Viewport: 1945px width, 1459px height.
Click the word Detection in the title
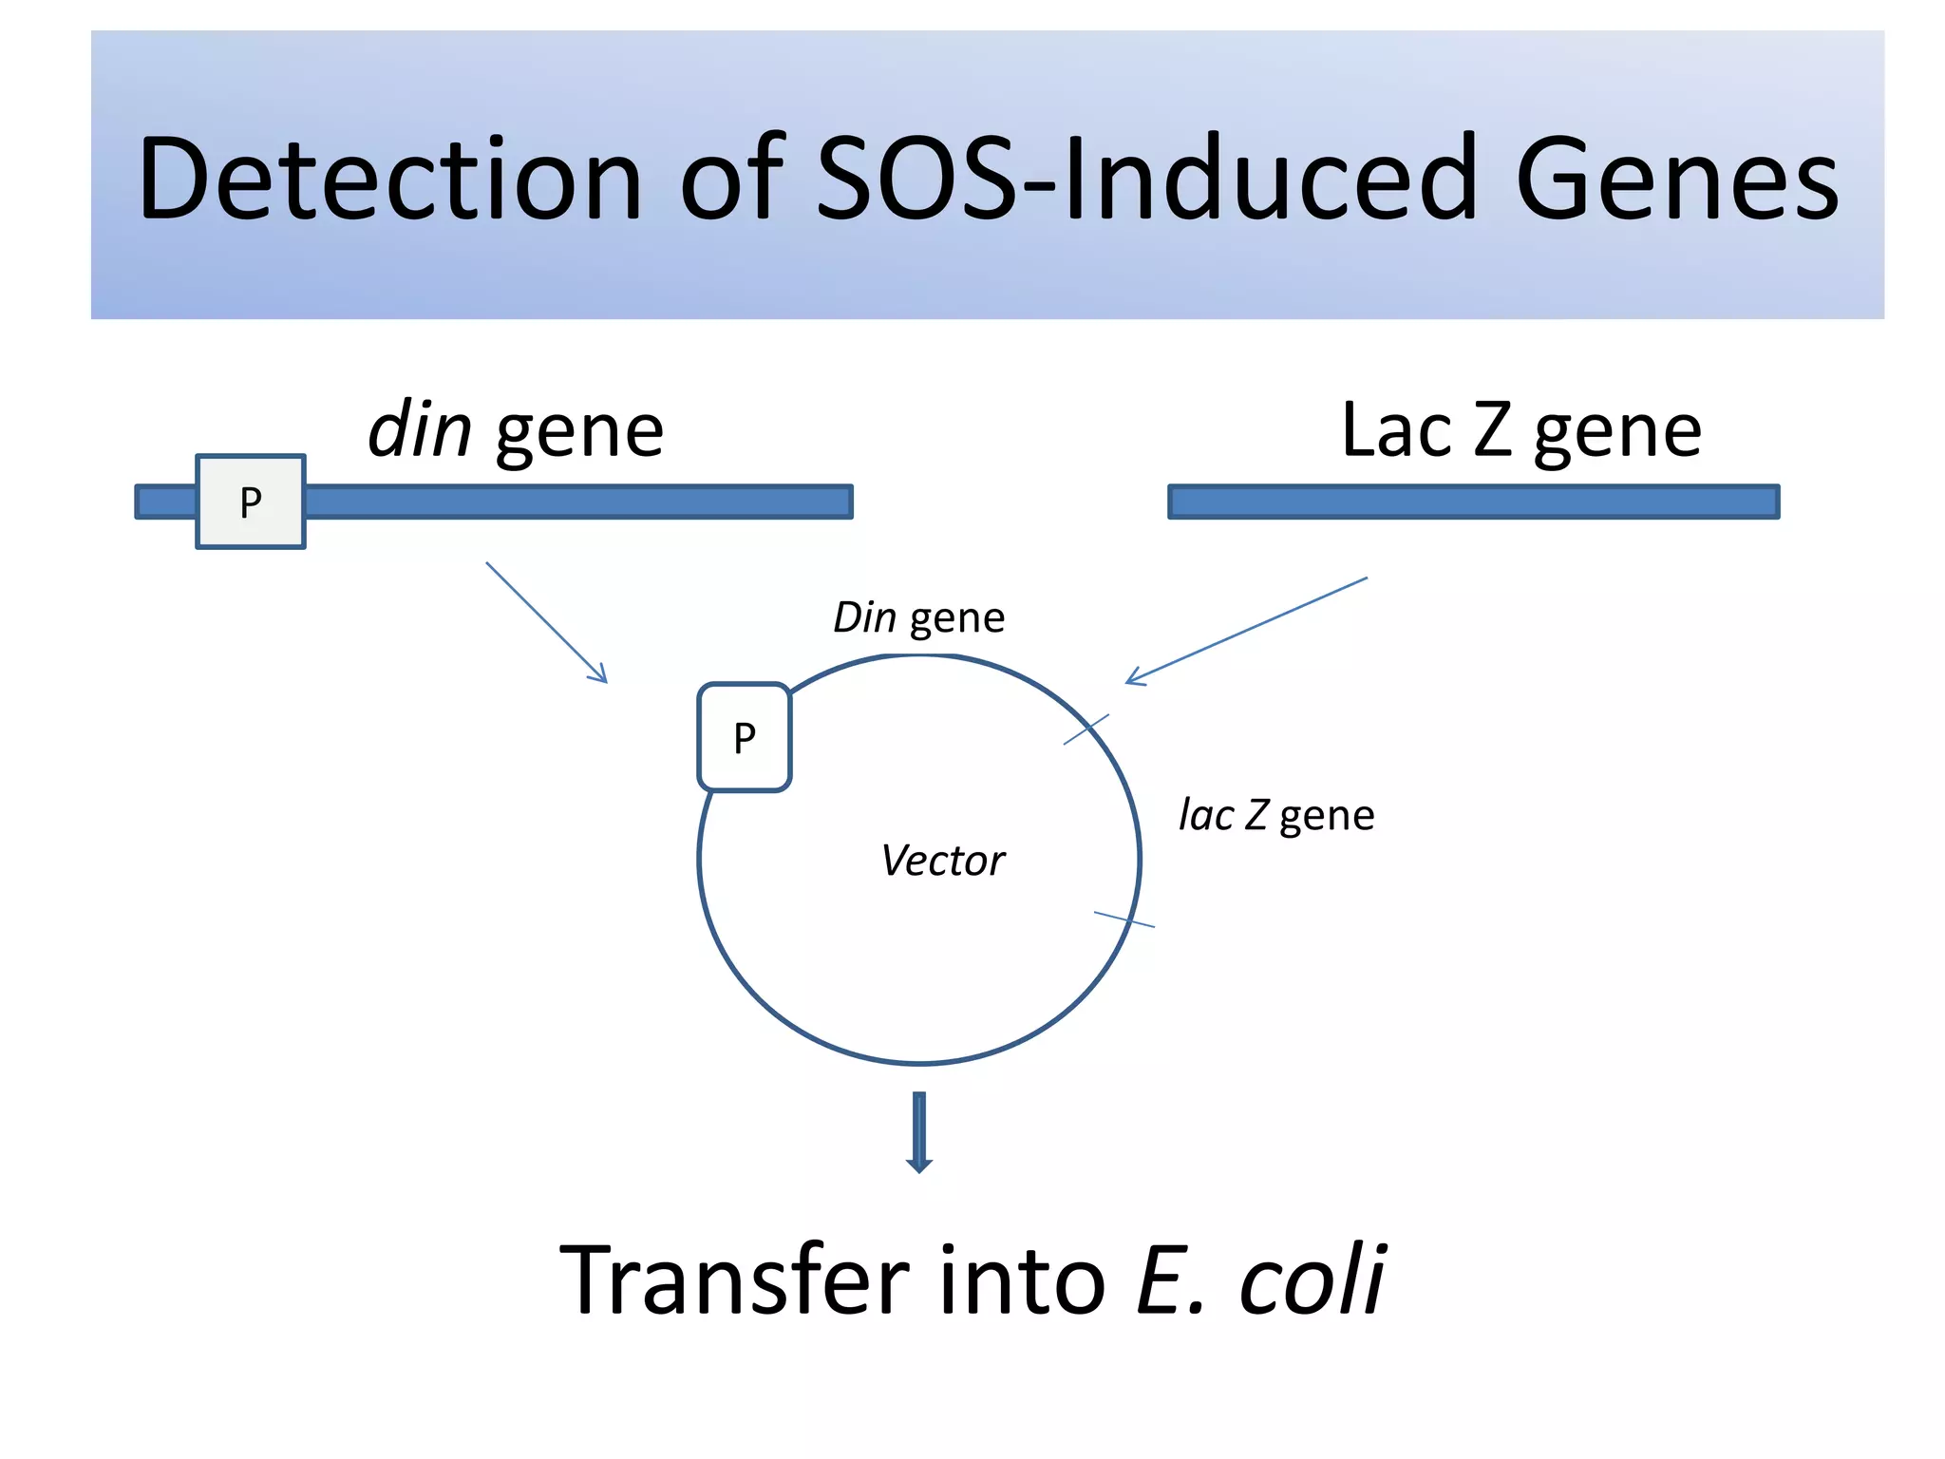coord(390,179)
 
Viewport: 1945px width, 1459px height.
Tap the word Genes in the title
coord(1677,179)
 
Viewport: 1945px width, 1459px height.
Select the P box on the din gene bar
coord(251,502)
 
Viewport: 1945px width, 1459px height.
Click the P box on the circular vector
coord(745,737)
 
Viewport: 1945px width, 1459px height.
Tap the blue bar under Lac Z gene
coord(1473,502)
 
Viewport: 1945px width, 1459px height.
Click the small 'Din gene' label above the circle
coord(918,618)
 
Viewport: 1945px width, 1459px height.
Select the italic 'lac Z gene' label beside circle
coord(1276,815)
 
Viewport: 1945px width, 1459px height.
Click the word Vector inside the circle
coord(942,861)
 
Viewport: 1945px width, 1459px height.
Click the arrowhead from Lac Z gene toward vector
coord(1134,678)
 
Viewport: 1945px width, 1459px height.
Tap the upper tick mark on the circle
coord(1086,729)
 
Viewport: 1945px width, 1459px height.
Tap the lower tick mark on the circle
coord(1124,919)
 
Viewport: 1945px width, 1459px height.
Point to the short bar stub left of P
coord(166,502)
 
